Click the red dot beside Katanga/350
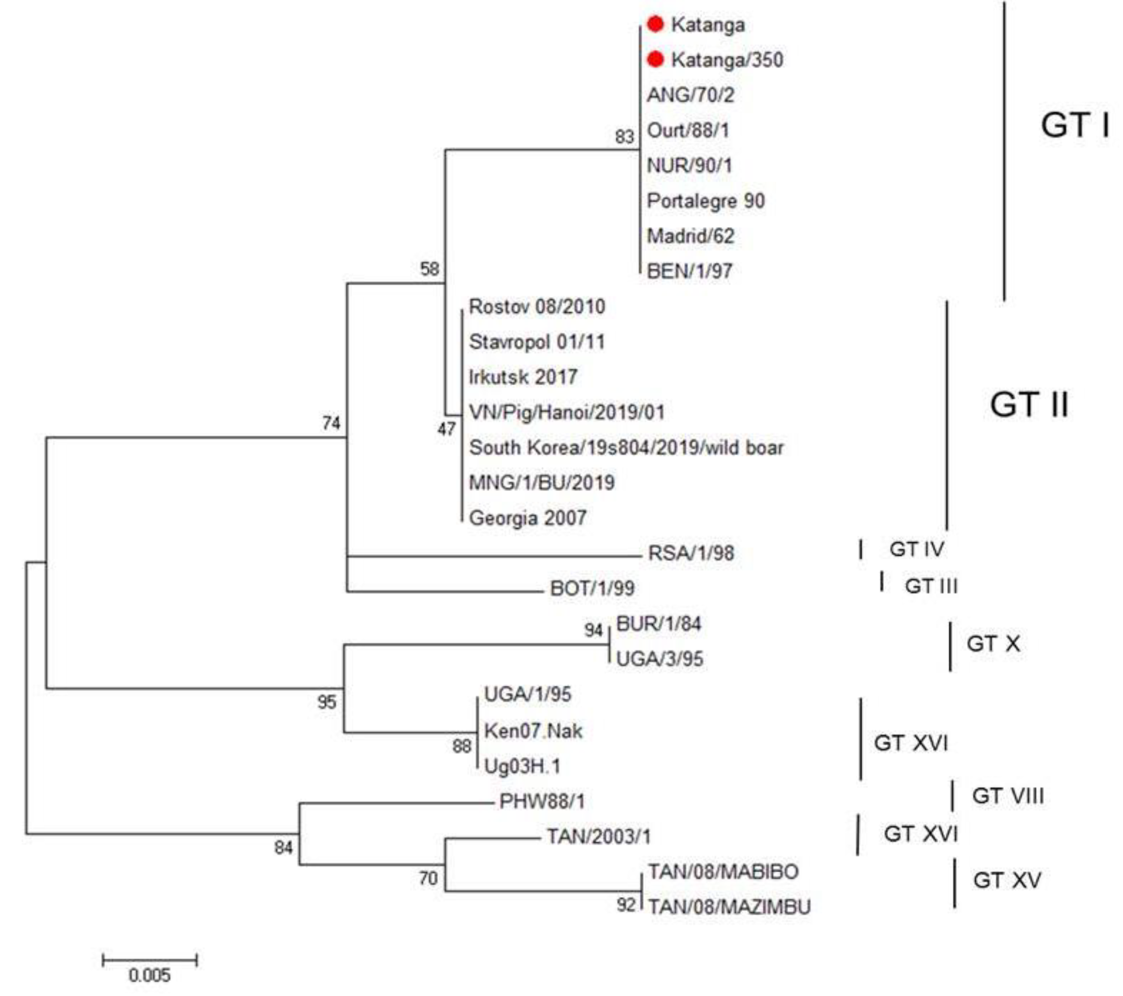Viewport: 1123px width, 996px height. tap(655, 59)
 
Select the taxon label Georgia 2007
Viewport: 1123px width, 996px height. tap(528, 518)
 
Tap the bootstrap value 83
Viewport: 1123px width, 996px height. tap(624, 136)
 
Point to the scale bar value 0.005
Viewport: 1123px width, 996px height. tap(149, 975)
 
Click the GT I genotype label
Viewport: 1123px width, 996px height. tap(1075, 125)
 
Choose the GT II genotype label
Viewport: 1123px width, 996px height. tap(1029, 405)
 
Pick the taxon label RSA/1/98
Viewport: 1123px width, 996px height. tap(691, 553)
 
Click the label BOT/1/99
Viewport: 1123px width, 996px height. tap(592, 588)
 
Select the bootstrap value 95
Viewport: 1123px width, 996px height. tap(327, 702)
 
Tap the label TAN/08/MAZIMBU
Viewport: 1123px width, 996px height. tap(729, 907)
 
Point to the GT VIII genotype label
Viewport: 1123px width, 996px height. tap(1008, 796)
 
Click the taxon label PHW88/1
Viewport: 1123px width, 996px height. tap(542, 801)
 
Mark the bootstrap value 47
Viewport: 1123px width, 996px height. tap(446, 429)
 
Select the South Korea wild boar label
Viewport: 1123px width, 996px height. tap(626, 448)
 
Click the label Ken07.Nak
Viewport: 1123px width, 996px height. tap(533, 731)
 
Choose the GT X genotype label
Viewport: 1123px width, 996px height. tap(993, 644)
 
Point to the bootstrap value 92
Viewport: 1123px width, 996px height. tap(626, 904)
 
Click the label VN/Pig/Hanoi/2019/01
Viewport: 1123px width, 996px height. tap(566, 412)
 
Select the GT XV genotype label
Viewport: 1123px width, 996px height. tap(1007, 880)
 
